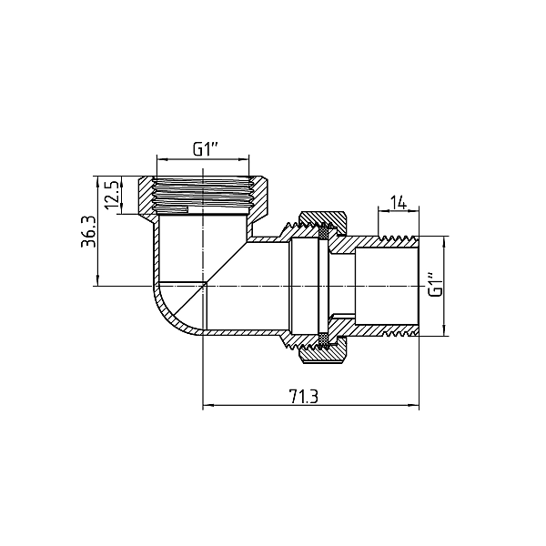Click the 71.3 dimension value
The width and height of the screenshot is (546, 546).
click(303, 396)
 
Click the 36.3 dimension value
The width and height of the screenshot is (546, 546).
click(87, 231)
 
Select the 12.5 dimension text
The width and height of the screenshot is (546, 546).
click(112, 194)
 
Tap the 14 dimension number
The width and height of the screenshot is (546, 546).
click(398, 203)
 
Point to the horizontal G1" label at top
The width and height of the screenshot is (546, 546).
click(206, 150)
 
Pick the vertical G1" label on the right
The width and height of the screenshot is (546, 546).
click(436, 286)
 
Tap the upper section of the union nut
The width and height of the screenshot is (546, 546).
click(323, 224)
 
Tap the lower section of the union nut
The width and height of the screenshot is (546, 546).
click(323, 350)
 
